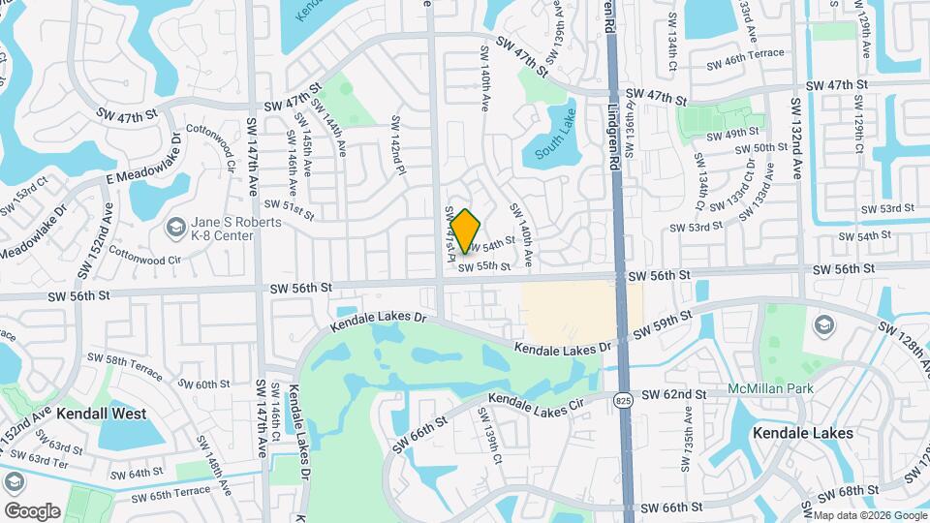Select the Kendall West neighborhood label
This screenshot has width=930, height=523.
[101, 414]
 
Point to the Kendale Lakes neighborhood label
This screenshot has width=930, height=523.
[803, 433]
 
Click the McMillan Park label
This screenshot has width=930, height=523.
[770, 389]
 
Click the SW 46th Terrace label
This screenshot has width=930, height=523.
[746, 55]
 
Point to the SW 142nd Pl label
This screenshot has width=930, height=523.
[396, 146]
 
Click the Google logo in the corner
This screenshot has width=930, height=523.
[32, 510]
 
